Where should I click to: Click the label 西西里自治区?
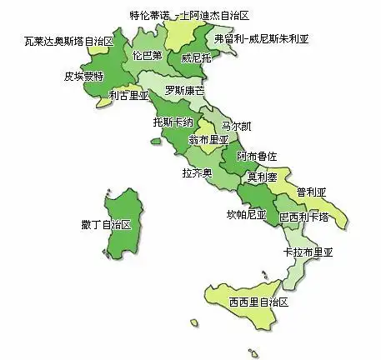pyautogui.click(x=258, y=302)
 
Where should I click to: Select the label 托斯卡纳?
pyautogui.click(x=173, y=122)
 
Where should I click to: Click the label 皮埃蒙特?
pyautogui.click(x=84, y=76)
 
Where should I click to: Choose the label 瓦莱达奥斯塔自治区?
pyautogui.click(x=68, y=40)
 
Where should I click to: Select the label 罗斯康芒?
pyautogui.click(x=184, y=90)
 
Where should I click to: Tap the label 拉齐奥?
pyautogui.click(x=197, y=172)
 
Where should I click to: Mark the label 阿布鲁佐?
pyautogui.click(x=257, y=156)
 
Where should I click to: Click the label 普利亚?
pyautogui.click(x=311, y=192)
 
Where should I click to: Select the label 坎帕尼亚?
pyautogui.click(x=246, y=214)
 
